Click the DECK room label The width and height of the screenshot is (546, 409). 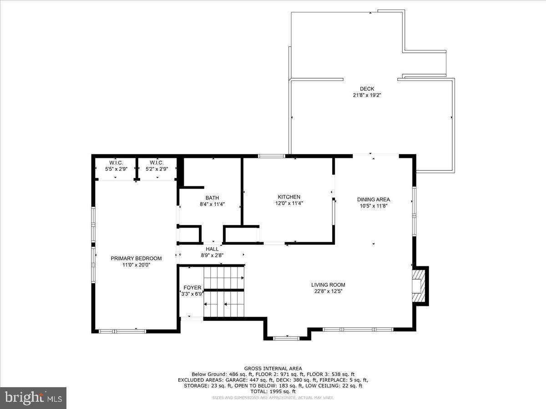pos(367,89)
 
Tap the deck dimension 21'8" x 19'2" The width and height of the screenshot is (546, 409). pos(367,95)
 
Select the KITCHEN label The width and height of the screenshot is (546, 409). pos(289,197)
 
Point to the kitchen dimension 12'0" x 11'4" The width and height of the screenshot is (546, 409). pos(289,204)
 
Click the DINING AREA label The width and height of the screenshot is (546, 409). pos(373,199)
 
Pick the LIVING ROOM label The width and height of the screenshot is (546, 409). pos(328,285)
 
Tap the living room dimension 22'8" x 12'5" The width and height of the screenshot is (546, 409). pos(328,291)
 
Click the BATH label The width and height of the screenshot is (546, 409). pos(212,198)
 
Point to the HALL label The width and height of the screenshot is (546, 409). pos(212,249)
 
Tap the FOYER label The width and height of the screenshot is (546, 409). pos(192,288)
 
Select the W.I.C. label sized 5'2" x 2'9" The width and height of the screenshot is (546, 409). pos(157,163)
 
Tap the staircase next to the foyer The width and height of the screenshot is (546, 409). pos(223,292)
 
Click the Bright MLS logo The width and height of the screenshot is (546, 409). pos(33,398)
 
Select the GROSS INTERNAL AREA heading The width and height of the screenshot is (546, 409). pos(273,369)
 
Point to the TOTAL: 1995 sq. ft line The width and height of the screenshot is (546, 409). pos(273,391)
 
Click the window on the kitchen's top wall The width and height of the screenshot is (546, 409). pos(272,156)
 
